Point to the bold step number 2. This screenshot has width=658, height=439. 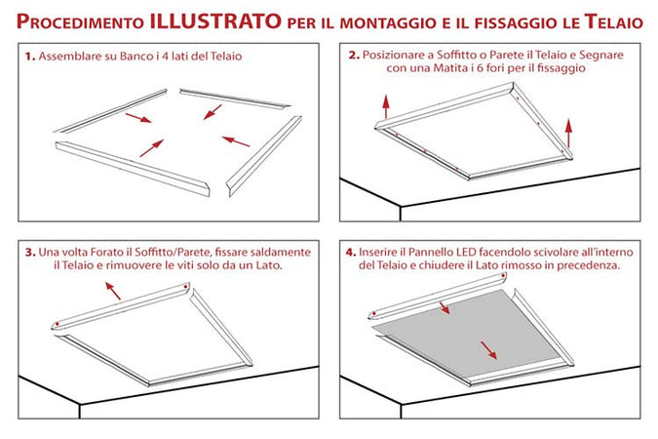354,57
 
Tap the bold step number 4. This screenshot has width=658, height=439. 351,253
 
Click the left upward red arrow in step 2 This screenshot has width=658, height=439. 387,103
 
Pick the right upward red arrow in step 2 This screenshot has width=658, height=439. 568,130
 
